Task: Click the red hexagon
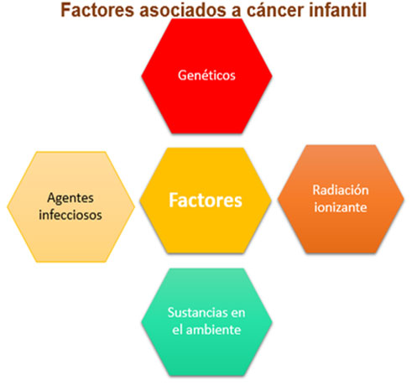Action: point(206,76)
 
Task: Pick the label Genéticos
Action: point(206,76)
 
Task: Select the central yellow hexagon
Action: point(206,201)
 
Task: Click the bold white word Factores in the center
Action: point(206,201)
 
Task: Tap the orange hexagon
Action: point(341,199)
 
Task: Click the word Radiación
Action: point(341,190)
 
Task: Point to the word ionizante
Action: point(341,207)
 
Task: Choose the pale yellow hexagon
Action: point(70,207)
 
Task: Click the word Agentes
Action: point(70,199)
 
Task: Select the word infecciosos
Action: point(70,215)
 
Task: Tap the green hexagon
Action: point(206,322)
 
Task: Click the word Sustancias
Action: point(195,312)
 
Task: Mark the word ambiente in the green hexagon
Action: point(213,330)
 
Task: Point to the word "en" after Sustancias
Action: point(238,313)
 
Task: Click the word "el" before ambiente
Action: point(177,330)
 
